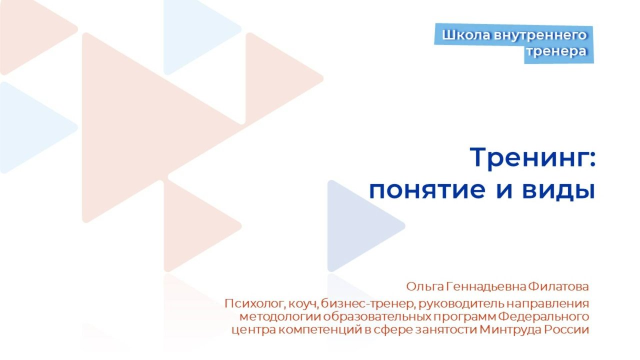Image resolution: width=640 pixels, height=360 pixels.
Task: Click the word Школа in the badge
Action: pyautogui.click(x=459, y=35)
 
